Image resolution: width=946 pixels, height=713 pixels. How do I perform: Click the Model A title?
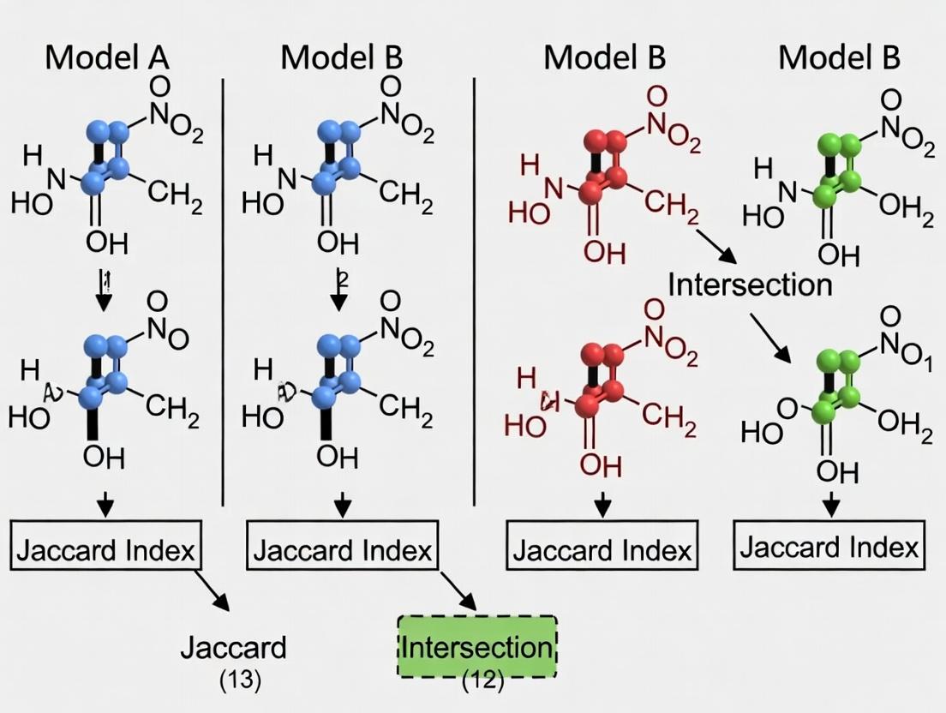click(x=107, y=57)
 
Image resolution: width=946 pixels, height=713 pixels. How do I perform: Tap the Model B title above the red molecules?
click(x=604, y=57)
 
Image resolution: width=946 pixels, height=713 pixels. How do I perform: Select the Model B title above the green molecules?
click(x=839, y=57)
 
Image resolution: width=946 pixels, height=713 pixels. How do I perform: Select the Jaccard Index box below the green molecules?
click(x=829, y=546)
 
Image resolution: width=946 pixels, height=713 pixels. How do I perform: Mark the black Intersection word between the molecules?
click(x=750, y=285)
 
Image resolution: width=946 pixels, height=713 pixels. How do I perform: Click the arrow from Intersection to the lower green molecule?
click(x=769, y=337)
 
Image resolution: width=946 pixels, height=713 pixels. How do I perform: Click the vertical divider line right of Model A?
click(x=223, y=291)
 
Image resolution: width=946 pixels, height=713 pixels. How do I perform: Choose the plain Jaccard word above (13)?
click(x=233, y=648)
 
